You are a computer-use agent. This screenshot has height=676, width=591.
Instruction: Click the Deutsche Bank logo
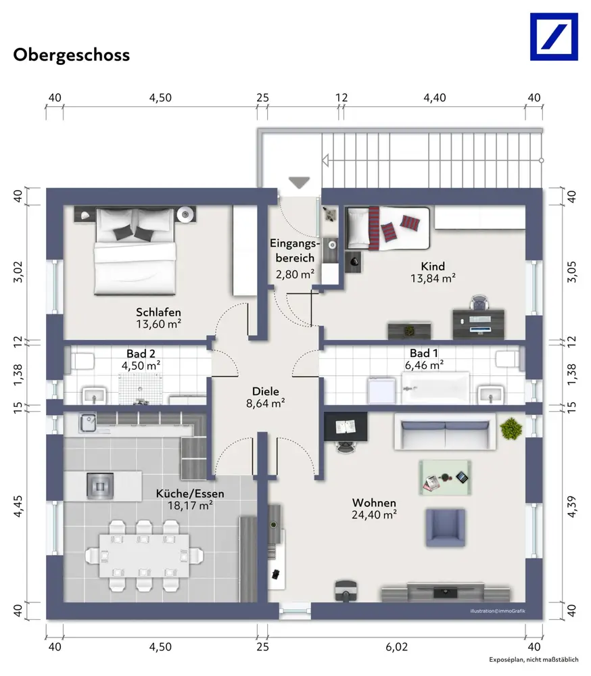click(x=554, y=37)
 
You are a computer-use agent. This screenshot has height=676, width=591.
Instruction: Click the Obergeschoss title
click(x=71, y=55)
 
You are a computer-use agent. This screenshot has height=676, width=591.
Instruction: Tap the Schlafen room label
click(x=158, y=312)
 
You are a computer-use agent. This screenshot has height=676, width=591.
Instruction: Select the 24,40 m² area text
click(x=374, y=514)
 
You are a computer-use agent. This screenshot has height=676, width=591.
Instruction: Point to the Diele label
click(x=265, y=391)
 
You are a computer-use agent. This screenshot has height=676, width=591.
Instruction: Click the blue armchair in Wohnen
click(x=446, y=528)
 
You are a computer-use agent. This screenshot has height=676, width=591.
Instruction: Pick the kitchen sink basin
click(x=88, y=423)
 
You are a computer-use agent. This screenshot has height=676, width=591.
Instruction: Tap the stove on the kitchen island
click(x=100, y=486)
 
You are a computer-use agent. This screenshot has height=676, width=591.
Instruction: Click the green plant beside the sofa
click(x=511, y=429)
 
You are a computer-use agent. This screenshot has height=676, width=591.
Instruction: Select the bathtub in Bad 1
click(x=435, y=388)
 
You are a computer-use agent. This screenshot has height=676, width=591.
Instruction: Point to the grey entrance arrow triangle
click(x=300, y=183)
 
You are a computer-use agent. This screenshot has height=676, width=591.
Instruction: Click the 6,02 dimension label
click(x=396, y=647)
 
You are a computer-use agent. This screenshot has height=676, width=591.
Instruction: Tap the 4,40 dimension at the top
click(x=434, y=98)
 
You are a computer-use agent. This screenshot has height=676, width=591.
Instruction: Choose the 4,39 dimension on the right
click(x=571, y=506)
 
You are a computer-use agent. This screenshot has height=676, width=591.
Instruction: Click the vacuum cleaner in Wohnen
click(x=346, y=590)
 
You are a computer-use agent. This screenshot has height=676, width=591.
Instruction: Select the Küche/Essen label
click(x=190, y=493)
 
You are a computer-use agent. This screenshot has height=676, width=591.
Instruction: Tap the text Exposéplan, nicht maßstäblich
click(x=534, y=660)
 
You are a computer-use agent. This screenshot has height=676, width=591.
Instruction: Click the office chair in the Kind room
click(x=479, y=303)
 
